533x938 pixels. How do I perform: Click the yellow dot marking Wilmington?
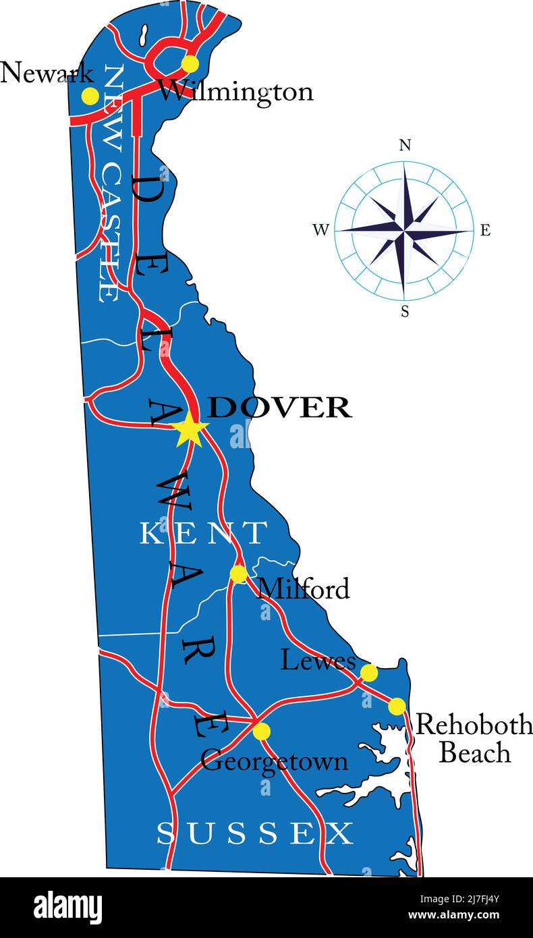pos(190,64)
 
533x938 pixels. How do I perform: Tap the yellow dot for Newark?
pos(90,96)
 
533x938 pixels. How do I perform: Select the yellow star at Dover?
pos(190,429)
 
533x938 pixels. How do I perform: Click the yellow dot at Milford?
pos(238,574)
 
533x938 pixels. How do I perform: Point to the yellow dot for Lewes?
pos(369,673)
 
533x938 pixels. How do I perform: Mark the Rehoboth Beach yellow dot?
pos(397,707)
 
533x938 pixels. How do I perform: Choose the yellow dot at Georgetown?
pos(261,732)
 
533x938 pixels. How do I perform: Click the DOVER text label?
pos(279,408)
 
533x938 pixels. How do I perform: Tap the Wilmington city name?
pos(235,91)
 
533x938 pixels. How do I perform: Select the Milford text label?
pos(304,589)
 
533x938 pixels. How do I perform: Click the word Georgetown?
pos(275,762)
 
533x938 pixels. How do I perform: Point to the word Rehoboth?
pos(474,725)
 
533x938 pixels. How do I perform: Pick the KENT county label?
pos(203,533)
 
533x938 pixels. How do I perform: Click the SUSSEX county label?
pos(255,834)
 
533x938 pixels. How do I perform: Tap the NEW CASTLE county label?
pos(111,182)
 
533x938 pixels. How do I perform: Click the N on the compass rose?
pos(405,145)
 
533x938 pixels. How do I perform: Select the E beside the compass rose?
pos(485,231)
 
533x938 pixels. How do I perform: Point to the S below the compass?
pos(405,312)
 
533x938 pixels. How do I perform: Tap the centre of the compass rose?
pos(404,231)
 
